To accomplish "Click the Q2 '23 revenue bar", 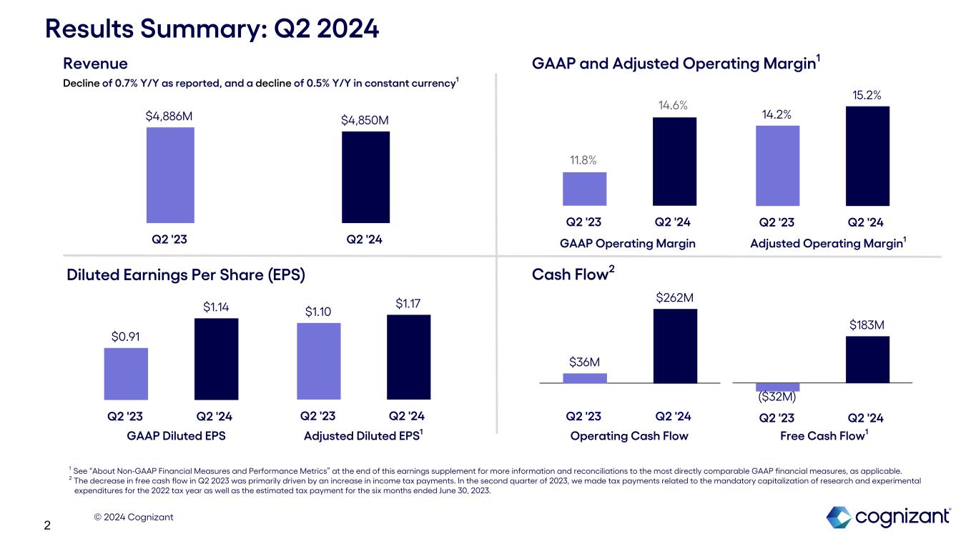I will [x=170, y=175].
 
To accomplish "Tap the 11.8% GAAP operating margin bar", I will [x=584, y=189].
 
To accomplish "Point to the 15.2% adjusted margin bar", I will [x=867, y=156].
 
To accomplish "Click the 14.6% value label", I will [x=673, y=106].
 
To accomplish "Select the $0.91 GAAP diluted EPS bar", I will [x=126, y=373].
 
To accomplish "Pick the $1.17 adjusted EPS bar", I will [x=408, y=357].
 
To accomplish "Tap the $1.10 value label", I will [x=318, y=312].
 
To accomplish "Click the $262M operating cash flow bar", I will [x=675, y=345].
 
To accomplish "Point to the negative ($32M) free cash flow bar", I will [x=777, y=387].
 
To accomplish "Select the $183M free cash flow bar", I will [x=867, y=359].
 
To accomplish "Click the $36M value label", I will [x=584, y=362].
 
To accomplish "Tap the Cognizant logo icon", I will [x=838, y=517].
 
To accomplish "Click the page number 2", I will [x=47, y=526].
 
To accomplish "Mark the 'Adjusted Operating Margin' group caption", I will [x=826, y=244].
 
